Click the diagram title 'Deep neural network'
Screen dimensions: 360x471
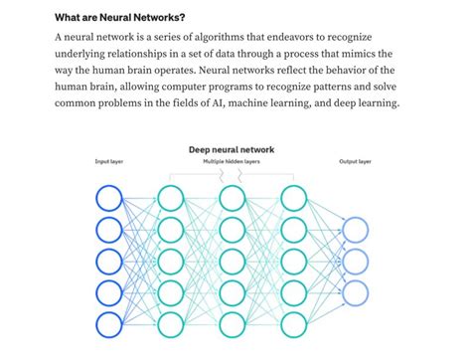tap(232, 149)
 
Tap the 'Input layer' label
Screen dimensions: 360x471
tap(109, 161)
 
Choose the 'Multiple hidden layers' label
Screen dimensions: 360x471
tap(232, 161)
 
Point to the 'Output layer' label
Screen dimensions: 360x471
tap(355, 161)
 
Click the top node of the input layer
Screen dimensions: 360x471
tap(109, 199)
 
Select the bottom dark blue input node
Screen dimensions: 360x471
tap(109, 325)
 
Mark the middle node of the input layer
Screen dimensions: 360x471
tap(109, 263)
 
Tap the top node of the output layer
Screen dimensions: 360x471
tap(355, 231)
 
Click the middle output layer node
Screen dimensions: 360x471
tap(355, 263)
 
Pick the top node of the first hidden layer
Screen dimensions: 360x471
tap(171, 199)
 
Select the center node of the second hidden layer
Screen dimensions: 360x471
tap(232, 263)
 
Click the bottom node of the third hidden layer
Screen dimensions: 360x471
tap(293, 325)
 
